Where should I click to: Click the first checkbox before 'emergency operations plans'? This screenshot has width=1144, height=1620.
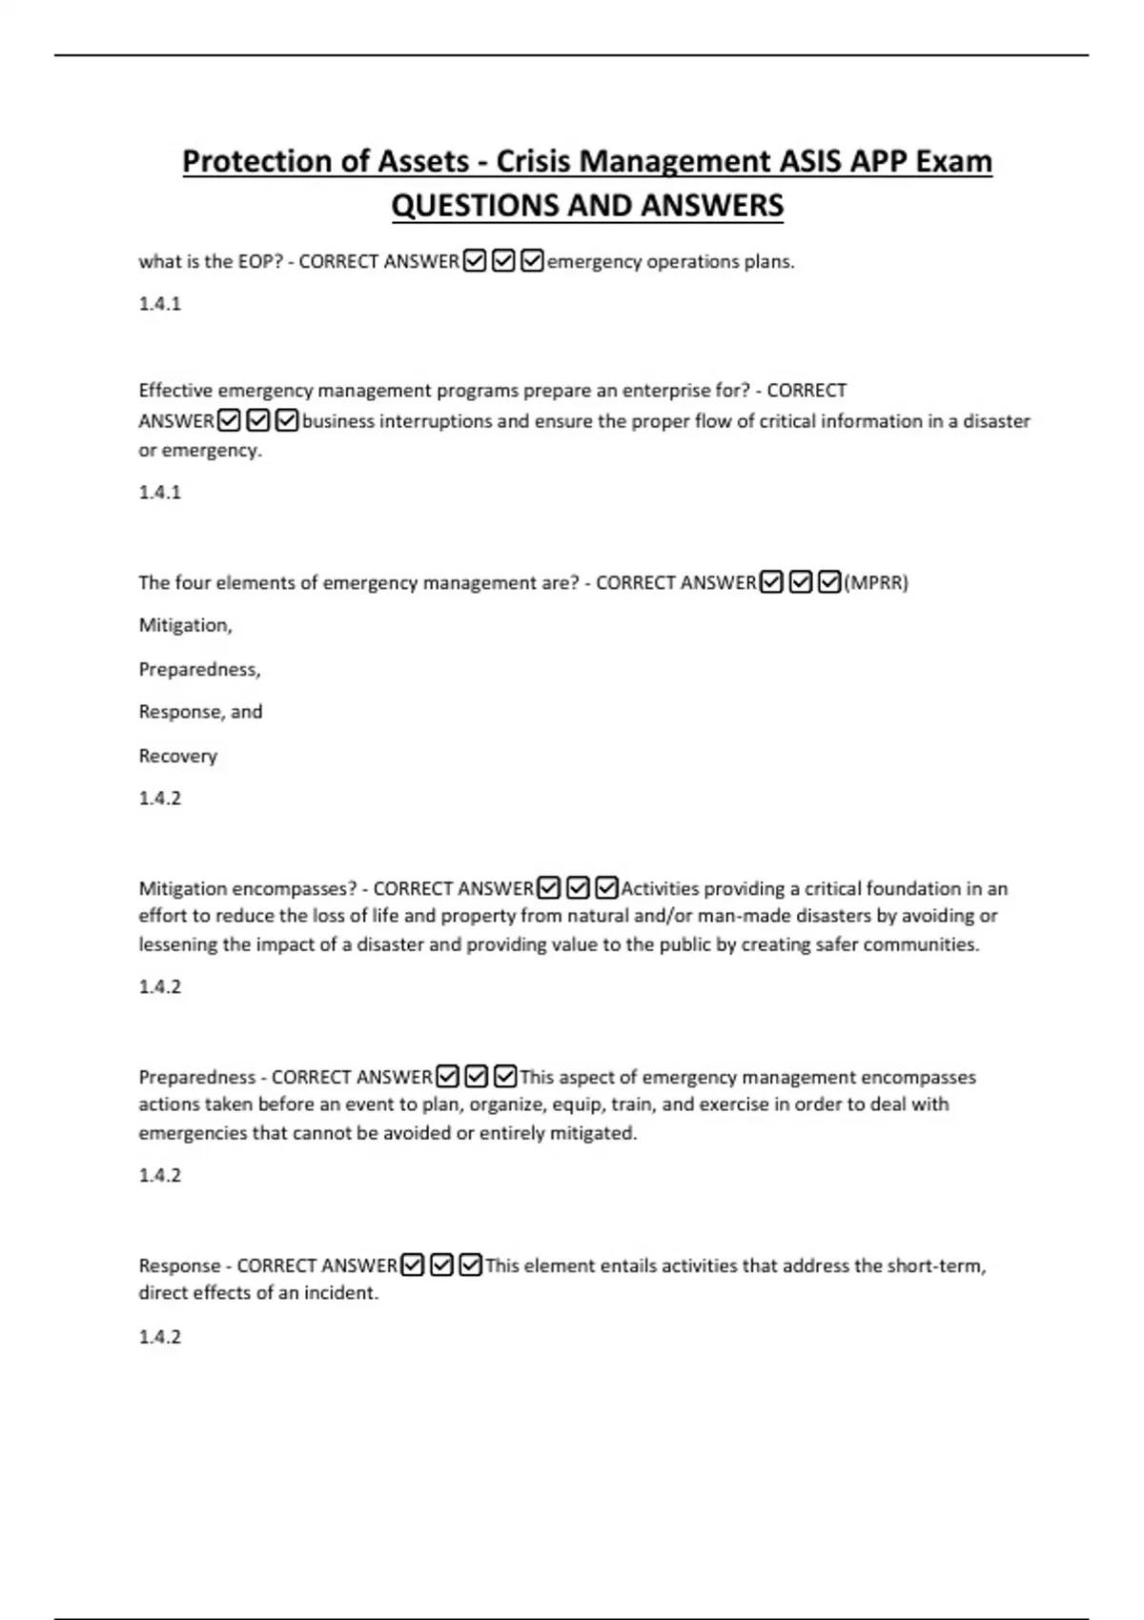[x=474, y=260]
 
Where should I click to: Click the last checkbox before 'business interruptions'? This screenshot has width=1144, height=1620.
[x=287, y=420]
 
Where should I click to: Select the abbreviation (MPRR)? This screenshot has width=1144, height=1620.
[x=876, y=582]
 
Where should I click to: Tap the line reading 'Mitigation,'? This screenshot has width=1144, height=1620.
[x=185, y=625]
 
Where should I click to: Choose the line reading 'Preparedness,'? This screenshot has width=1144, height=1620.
[x=199, y=669]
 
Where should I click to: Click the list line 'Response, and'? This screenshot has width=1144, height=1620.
[x=200, y=712]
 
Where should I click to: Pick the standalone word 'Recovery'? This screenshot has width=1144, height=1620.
[x=178, y=756]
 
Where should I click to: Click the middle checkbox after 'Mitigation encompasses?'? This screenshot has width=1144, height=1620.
[x=578, y=888]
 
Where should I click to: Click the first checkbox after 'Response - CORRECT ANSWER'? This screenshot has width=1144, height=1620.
[x=412, y=1266]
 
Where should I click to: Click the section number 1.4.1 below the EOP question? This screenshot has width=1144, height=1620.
[x=159, y=304]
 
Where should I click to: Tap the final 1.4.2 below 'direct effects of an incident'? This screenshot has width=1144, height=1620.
[x=159, y=1337]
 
